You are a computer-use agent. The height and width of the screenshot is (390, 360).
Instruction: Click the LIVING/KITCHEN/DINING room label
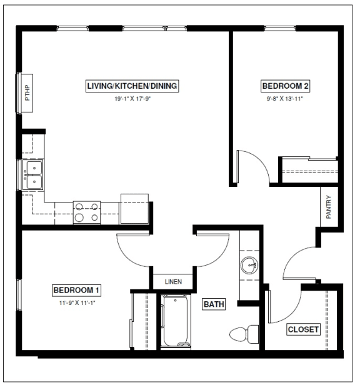pyautogui.click(x=132, y=86)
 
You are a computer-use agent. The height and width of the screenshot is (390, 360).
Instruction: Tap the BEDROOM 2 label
pyautogui.click(x=285, y=86)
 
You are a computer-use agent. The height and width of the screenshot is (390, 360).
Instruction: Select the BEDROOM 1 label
pyautogui.click(x=76, y=290)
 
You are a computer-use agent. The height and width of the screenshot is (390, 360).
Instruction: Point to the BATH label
pyautogui.click(x=214, y=304)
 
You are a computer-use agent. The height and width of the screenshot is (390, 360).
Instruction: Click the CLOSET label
pyautogui.click(x=303, y=329)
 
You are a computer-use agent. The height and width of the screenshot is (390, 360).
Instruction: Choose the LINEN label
pyautogui.click(x=173, y=282)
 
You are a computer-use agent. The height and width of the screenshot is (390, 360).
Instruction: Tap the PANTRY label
pyautogui.click(x=329, y=207)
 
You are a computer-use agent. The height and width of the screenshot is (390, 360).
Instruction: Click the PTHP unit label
pyautogui.click(x=27, y=92)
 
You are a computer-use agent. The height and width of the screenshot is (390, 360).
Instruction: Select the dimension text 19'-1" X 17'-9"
pyautogui.click(x=132, y=99)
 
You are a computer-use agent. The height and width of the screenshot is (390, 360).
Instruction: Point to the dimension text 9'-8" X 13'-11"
pyautogui.click(x=285, y=99)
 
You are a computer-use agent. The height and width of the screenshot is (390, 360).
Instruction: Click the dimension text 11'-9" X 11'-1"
pyautogui.click(x=77, y=303)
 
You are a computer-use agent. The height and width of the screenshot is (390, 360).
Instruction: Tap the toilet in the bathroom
pyautogui.click(x=244, y=334)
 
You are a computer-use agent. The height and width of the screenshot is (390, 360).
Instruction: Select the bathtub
pyautogui.click(x=176, y=321)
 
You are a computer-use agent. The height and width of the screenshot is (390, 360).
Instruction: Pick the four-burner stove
pyautogui.click(x=87, y=212)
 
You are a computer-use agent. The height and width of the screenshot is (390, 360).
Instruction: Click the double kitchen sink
pyautogui.click(x=33, y=175)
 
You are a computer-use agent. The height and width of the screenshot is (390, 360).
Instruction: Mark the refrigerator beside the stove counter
pyautogui.click(x=134, y=209)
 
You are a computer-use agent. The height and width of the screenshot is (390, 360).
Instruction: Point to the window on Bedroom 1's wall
pyautogui.click(x=19, y=295)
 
